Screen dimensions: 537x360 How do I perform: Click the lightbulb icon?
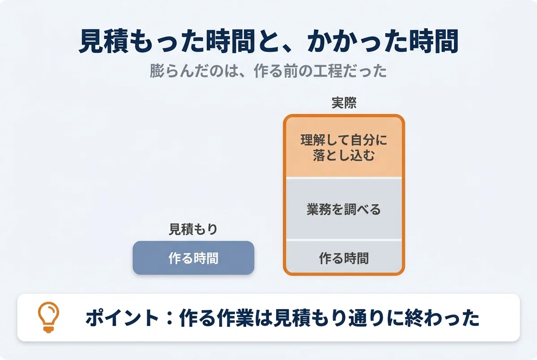pos(48,317)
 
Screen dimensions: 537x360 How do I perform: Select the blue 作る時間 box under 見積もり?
pos(193,258)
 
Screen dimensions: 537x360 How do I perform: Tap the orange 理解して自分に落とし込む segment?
pos(344,147)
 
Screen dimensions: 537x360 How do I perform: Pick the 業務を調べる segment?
pos(344,209)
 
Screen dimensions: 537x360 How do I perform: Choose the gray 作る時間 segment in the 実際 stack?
pos(344,257)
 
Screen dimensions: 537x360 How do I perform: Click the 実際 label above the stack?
pos(344,103)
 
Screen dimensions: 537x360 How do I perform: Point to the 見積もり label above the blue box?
pos(193,229)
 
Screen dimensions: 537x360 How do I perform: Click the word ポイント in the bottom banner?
pos(122,318)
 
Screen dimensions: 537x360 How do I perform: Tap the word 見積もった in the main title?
pos(142,41)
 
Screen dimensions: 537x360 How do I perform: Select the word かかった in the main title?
pos(358,41)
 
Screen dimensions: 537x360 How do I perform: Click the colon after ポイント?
pos(170,318)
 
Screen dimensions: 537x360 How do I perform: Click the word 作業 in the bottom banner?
pos(235,318)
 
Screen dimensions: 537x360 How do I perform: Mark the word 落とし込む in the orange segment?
pos(344,155)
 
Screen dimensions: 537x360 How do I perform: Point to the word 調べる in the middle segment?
pos(362,209)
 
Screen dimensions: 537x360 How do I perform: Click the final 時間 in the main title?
pos(434,41)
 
